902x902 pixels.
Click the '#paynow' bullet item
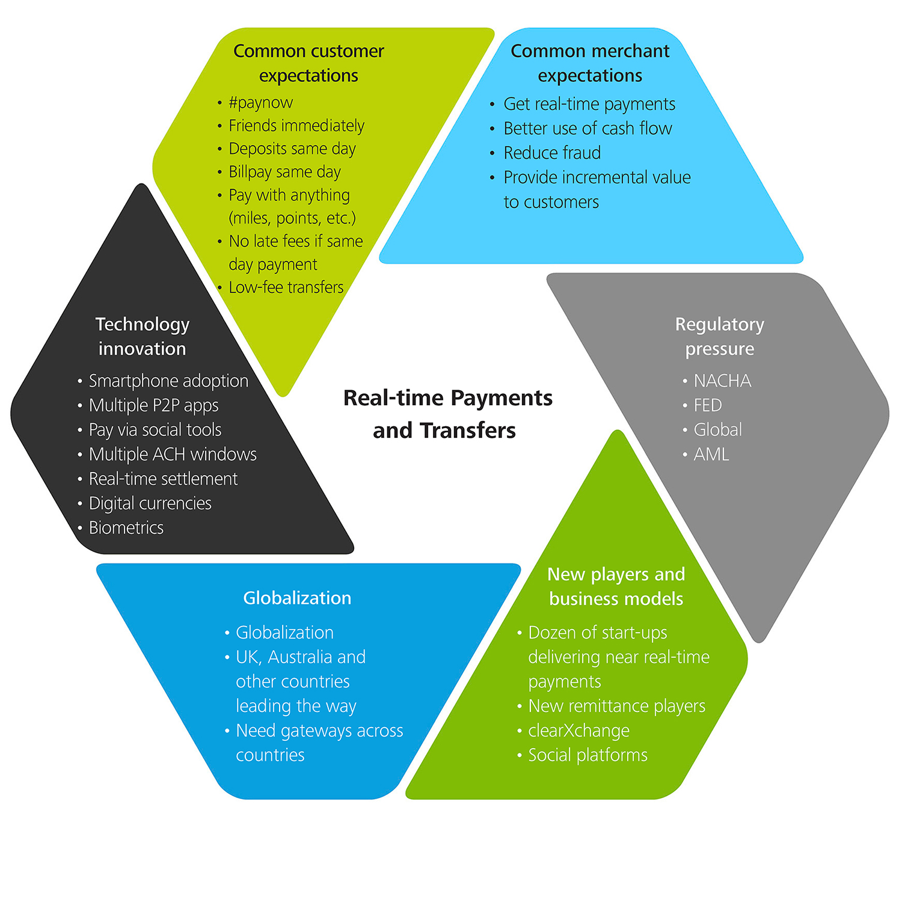260,103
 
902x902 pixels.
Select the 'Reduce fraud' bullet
551,153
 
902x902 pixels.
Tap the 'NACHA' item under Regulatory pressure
722,381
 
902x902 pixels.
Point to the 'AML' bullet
711,454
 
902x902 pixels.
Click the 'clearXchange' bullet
578,730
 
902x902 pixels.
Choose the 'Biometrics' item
126,527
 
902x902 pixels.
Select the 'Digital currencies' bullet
150,503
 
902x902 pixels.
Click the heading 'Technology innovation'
143,336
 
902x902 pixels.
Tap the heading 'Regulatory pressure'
720,336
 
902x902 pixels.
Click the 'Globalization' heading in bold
297,598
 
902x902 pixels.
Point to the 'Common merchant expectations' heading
590,63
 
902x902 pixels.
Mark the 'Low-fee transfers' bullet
286,287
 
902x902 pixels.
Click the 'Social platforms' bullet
588,755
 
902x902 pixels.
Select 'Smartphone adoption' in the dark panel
168,381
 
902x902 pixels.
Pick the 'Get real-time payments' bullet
589,104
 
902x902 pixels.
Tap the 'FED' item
708,405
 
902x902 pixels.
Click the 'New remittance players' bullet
616,705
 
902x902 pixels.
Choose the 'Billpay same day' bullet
284,172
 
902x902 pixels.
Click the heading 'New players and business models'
616,586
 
